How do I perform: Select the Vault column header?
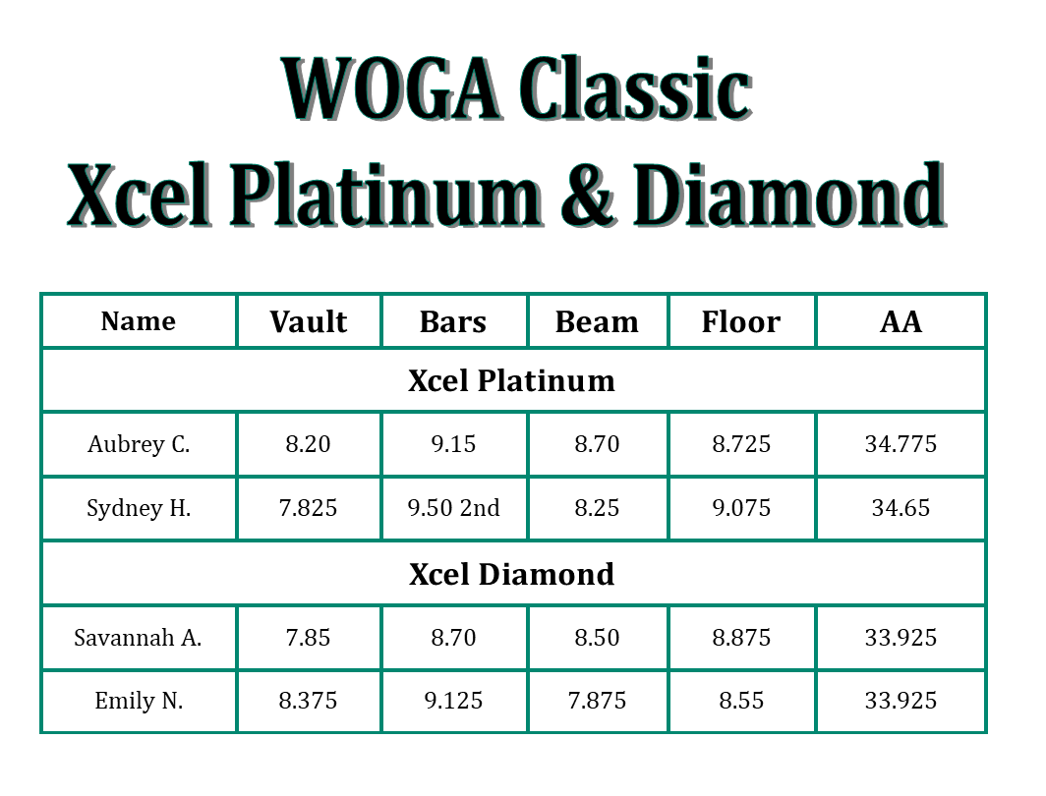(309, 322)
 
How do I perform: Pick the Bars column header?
(453, 322)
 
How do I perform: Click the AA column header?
(901, 322)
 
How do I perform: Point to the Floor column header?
(741, 322)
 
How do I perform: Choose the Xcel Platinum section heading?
(511, 380)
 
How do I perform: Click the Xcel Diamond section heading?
(511, 574)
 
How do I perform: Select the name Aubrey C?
(139, 444)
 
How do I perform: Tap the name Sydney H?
(139, 508)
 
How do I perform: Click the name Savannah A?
(139, 638)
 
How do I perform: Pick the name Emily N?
(139, 701)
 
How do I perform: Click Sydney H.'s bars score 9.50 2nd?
(453, 508)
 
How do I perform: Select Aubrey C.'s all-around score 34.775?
(901, 444)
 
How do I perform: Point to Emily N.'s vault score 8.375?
(309, 701)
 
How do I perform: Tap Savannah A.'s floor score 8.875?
(741, 638)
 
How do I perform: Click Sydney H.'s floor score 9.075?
(741, 508)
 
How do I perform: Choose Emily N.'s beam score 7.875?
(597, 701)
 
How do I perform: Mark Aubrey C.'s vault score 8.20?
(309, 444)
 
